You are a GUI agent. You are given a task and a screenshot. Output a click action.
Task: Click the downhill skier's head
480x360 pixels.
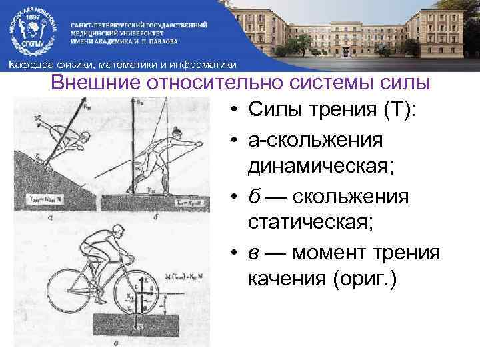[83, 137]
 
